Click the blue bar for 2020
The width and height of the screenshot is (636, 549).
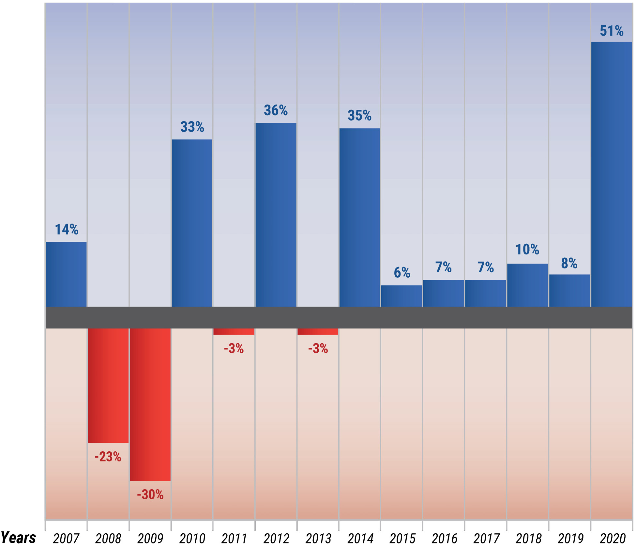(612, 174)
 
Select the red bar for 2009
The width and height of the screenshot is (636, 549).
(150, 404)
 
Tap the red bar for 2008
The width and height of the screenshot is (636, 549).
(108, 385)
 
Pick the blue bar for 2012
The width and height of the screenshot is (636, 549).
(276, 215)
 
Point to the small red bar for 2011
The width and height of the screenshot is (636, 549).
(234, 331)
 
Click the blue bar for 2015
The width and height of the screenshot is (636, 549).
(401, 296)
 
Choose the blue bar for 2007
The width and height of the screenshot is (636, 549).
(66, 274)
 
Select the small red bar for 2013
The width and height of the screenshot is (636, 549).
(318, 331)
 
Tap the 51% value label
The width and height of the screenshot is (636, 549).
(612, 31)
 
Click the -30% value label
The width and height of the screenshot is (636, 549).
(150, 494)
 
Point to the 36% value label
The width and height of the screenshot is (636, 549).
(276, 110)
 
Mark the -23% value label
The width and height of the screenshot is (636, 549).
(108, 457)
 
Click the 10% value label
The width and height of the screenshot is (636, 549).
(527, 250)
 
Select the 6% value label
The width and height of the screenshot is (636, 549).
(402, 272)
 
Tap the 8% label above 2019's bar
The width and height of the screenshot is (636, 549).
(569, 263)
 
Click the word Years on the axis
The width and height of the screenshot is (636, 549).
(18, 537)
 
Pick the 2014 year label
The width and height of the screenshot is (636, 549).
(360, 539)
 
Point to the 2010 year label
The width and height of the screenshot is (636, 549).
(192, 539)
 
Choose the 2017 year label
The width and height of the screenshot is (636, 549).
(486, 539)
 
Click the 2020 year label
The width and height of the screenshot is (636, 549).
(613, 539)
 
